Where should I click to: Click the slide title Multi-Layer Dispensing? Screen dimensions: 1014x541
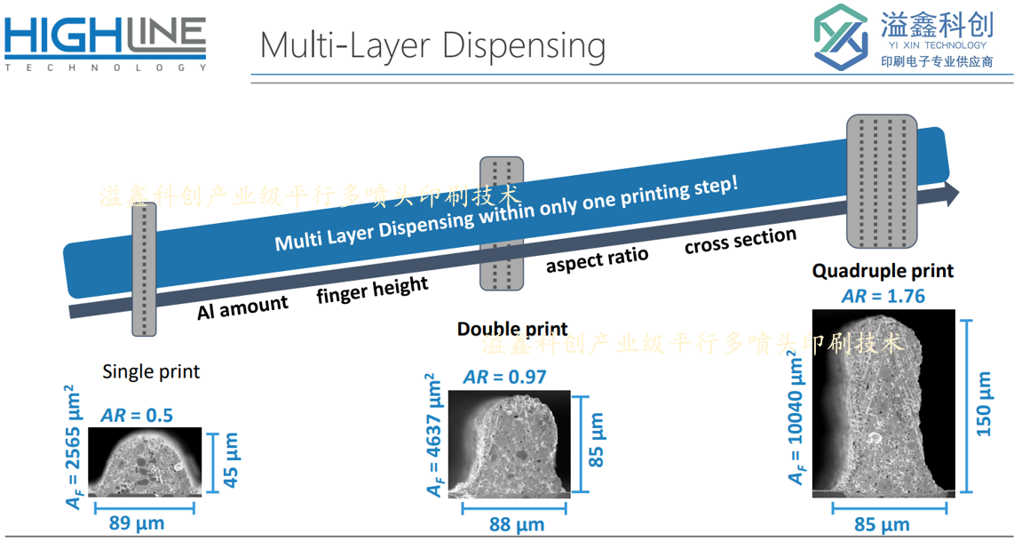pyautogui.click(x=432, y=45)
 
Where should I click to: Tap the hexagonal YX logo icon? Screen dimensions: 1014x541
pyautogui.click(x=841, y=37)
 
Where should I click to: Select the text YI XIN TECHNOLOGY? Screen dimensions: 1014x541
pyautogui.click(x=933, y=45)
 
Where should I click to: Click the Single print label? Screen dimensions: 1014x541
pyautogui.click(x=151, y=372)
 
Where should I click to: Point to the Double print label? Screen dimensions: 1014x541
pyautogui.click(x=512, y=329)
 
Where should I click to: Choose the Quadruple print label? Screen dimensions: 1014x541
pyautogui.click(x=883, y=270)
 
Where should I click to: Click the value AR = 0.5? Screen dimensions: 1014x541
pyautogui.click(x=137, y=415)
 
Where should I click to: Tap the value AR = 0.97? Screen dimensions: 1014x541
pyautogui.click(x=504, y=377)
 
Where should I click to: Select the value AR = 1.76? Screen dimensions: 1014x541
pyautogui.click(x=883, y=297)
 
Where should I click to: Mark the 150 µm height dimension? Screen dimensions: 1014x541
pyautogui.click(x=983, y=403)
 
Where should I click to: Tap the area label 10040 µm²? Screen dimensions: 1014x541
pyautogui.click(x=795, y=420)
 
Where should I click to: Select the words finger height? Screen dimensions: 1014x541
pyautogui.click(x=373, y=290)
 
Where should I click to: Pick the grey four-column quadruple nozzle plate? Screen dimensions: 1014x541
pyautogui.click(x=882, y=181)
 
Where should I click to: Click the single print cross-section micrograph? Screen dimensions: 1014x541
pyautogui.click(x=144, y=462)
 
